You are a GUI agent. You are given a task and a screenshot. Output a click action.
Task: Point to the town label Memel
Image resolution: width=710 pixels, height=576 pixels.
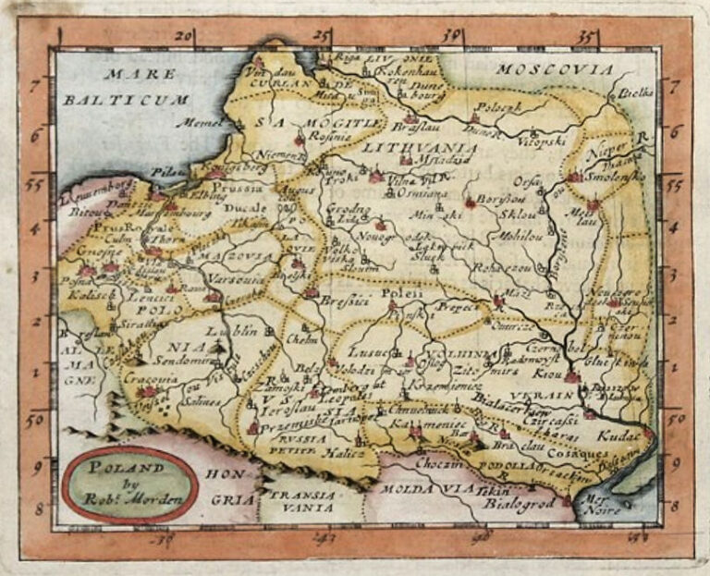click(x=204, y=122)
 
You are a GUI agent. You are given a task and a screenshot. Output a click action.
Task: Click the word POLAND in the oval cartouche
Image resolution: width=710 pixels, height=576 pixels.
click(x=118, y=468)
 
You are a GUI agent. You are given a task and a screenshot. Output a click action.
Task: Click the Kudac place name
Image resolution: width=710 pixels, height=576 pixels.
click(x=616, y=434)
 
